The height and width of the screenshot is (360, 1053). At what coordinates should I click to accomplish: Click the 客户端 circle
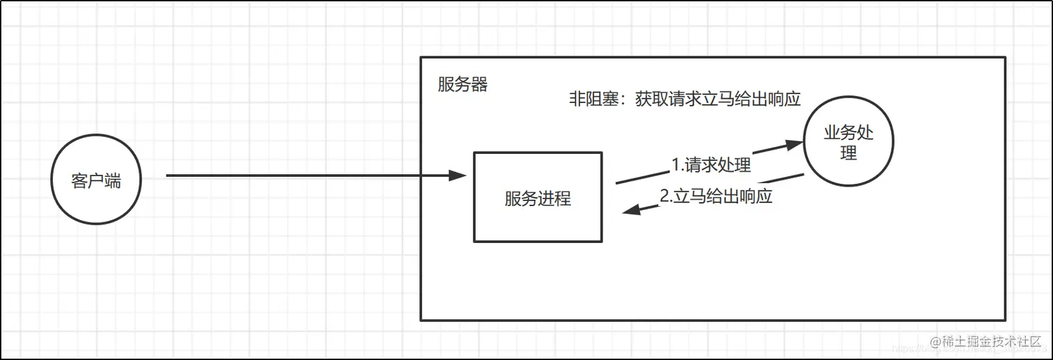(96, 180)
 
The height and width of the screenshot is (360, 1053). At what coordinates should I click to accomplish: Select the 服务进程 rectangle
(538, 197)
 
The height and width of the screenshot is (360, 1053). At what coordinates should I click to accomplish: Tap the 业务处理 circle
(848, 143)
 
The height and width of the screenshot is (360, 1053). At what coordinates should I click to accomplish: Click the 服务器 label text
(462, 85)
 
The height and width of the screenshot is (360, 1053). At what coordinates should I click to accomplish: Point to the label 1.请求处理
(711, 165)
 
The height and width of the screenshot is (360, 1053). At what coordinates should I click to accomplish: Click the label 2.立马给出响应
(716, 196)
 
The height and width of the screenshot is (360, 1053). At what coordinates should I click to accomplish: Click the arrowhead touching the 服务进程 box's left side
(458, 175)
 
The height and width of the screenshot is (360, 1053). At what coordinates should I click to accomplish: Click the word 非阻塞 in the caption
(593, 99)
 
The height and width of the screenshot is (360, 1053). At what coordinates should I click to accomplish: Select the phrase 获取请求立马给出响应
(718, 99)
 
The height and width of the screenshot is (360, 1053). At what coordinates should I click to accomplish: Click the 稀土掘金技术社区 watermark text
(992, 342)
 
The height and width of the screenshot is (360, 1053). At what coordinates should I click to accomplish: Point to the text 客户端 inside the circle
(96, 181)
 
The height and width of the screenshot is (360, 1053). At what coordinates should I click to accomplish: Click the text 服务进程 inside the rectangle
(538, 198)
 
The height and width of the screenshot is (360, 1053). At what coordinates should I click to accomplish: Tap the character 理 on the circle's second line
(848, 152)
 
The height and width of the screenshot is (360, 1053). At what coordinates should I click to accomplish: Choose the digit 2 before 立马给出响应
(664, 196)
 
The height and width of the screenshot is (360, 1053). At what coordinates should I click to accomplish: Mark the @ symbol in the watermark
(935, 342)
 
